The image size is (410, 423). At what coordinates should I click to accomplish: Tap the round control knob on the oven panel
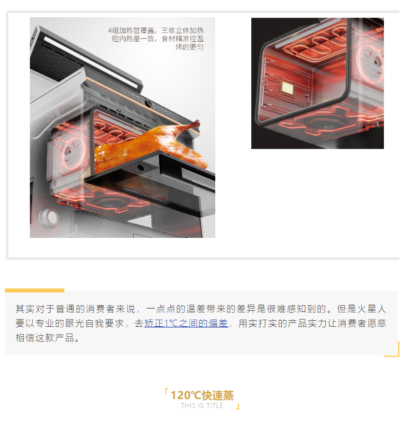[149, 103]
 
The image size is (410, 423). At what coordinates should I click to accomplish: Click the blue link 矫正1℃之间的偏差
[186, 323]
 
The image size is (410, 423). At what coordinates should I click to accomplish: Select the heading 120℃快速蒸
[202, 395]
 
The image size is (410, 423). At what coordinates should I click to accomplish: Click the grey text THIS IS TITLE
[202, 406]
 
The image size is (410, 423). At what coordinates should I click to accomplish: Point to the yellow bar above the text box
[35, 290]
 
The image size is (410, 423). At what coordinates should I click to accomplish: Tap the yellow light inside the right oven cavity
[287, 87]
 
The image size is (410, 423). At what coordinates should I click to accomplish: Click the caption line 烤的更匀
[189, 47]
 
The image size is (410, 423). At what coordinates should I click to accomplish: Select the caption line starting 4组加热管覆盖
[155, 31]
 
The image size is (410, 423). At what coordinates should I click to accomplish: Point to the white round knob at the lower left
[49, 217]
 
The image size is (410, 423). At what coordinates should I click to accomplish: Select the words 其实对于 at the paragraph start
[31, 308]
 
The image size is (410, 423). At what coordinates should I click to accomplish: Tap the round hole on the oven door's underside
[140, 168]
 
